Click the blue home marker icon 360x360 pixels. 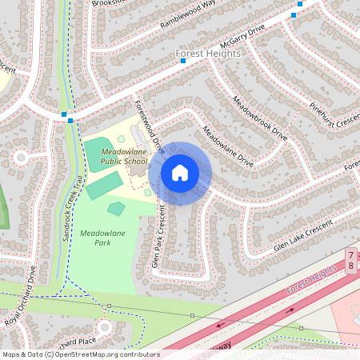coord(180,172)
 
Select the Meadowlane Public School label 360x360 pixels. coord(124,157)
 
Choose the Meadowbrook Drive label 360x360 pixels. coord(259,114)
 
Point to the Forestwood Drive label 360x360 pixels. coord(149,128)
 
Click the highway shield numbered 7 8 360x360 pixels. coord(351,259)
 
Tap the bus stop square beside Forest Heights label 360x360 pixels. coord(182,60)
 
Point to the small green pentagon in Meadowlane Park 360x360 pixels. coord(116,209)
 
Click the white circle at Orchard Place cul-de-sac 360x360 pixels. coord(104,327)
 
